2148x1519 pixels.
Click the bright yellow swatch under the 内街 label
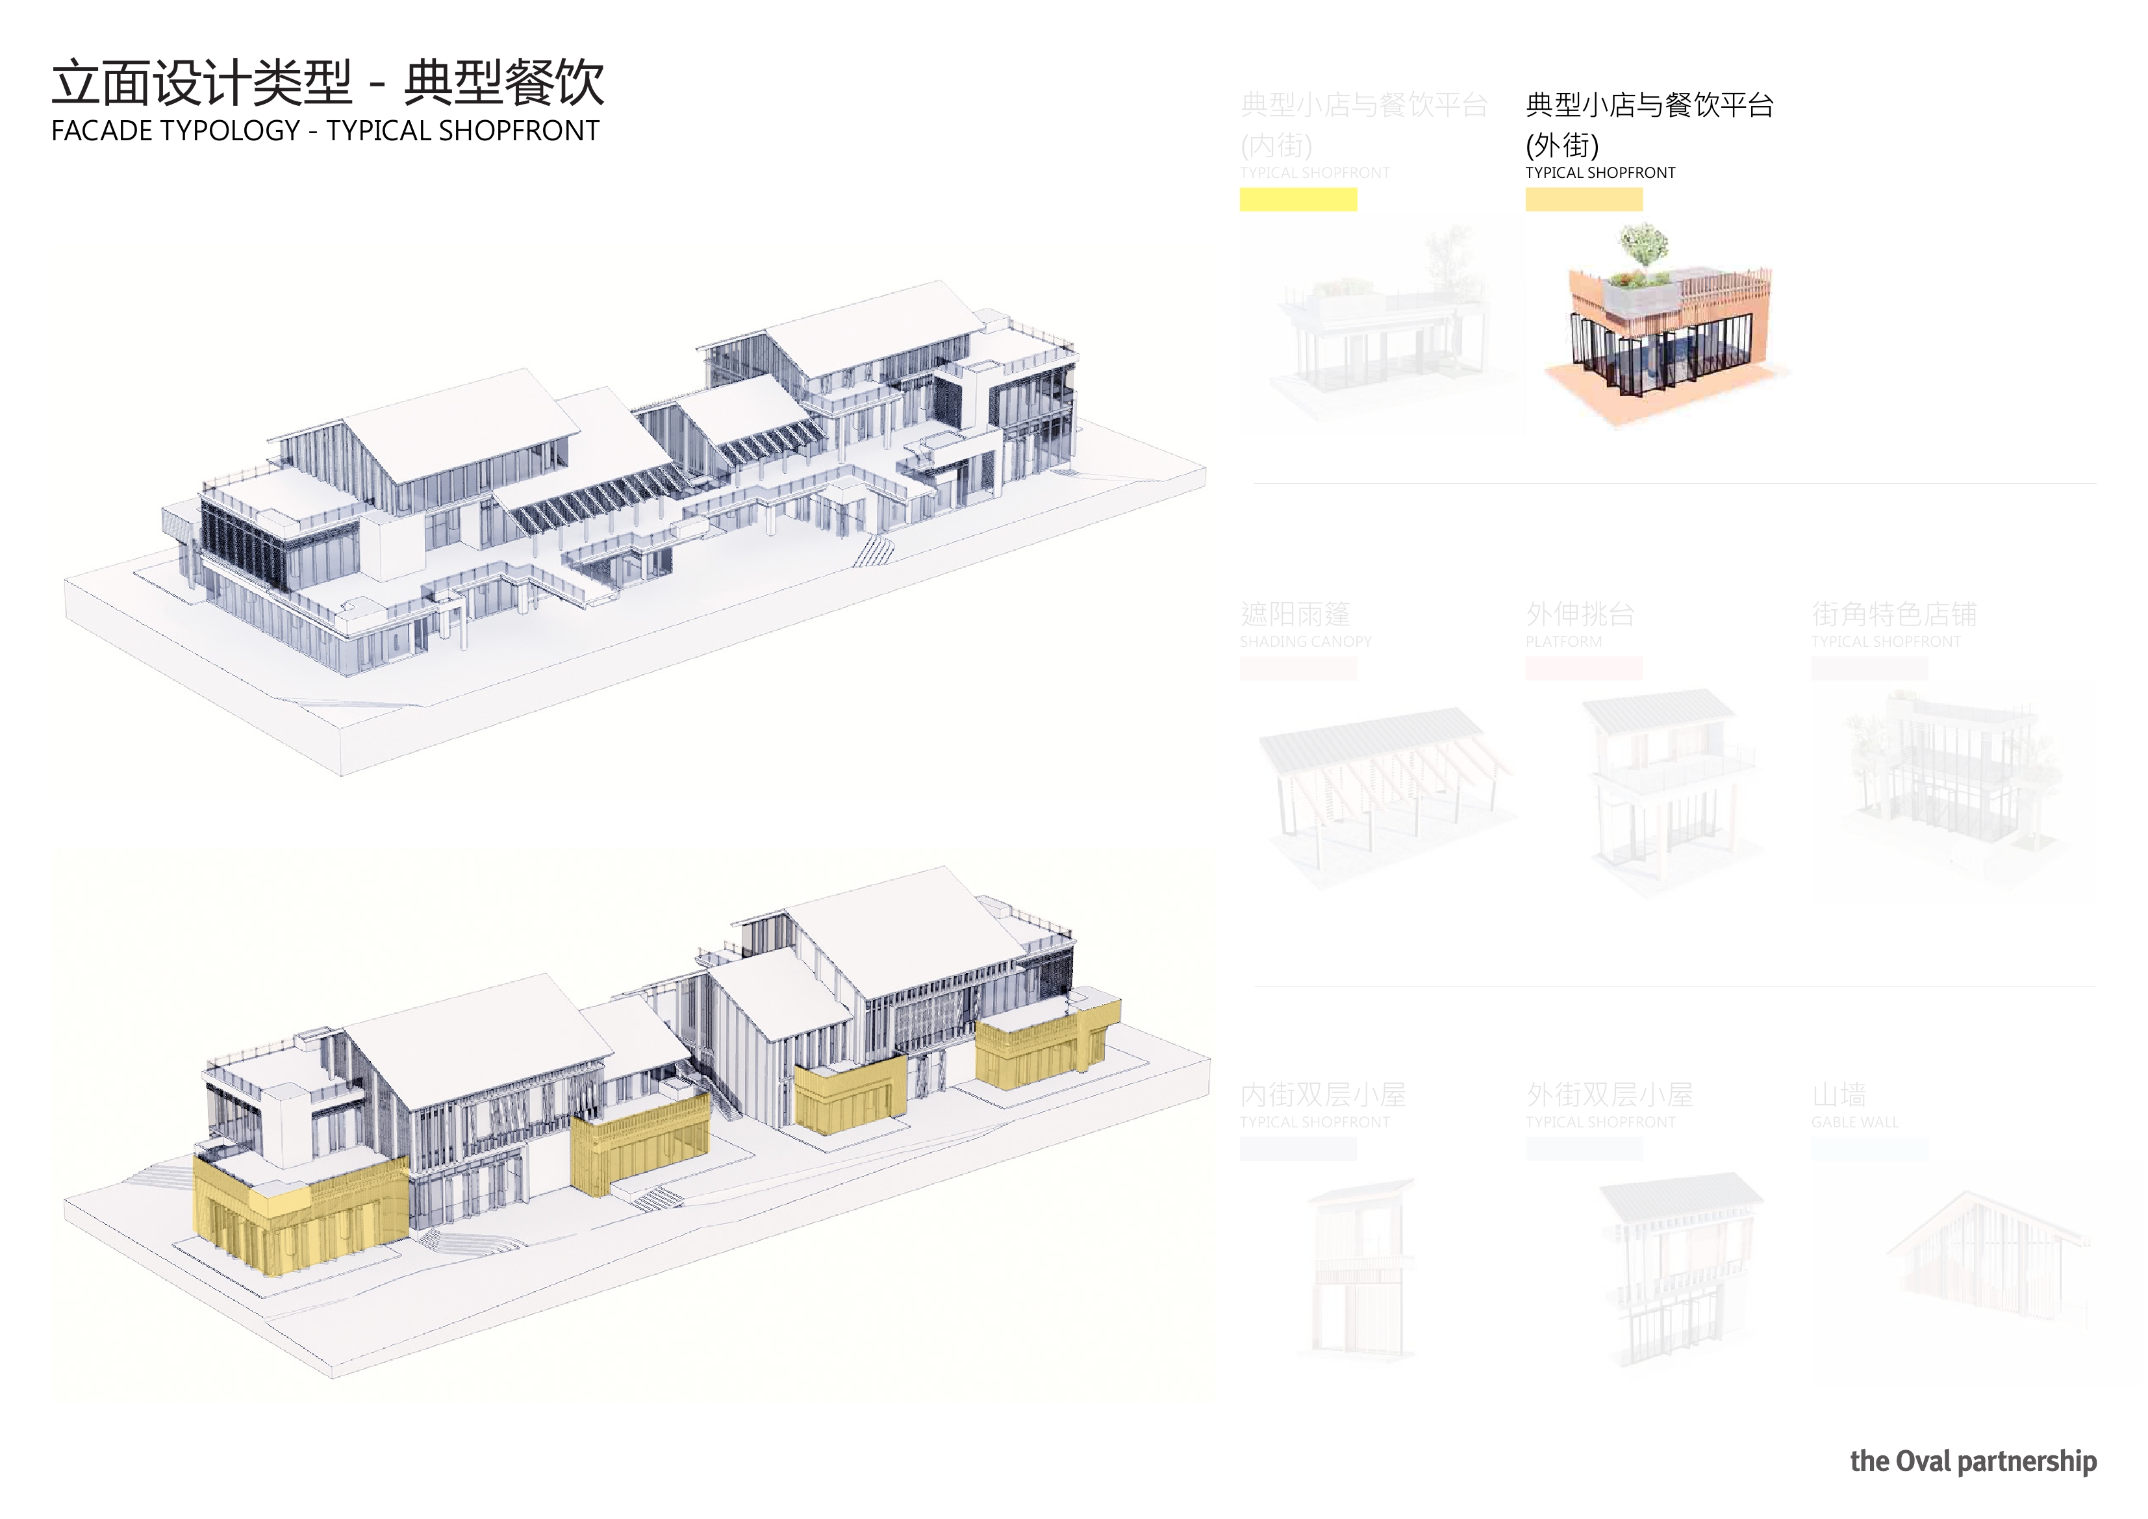(x=1298, y=199)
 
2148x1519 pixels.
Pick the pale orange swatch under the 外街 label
(x=1583, y=199)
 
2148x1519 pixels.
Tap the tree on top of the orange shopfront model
(x=1644, y=245)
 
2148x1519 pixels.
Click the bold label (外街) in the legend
(x=1561, y=145)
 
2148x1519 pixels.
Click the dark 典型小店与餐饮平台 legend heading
(x=1649, y=105)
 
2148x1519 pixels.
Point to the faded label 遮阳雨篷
(x=1295, y=614)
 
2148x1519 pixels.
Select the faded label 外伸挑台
(x=1580, y=614)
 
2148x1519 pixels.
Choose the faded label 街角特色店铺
(x=1893, y=614)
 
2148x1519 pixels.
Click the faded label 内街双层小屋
(x=1323, y=1094)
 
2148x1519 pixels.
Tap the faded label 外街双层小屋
(x=1609, y=1094)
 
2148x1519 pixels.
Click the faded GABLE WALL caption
(x=1854, y=1122)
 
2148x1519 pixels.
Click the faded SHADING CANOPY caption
(x=1305, y=642)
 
